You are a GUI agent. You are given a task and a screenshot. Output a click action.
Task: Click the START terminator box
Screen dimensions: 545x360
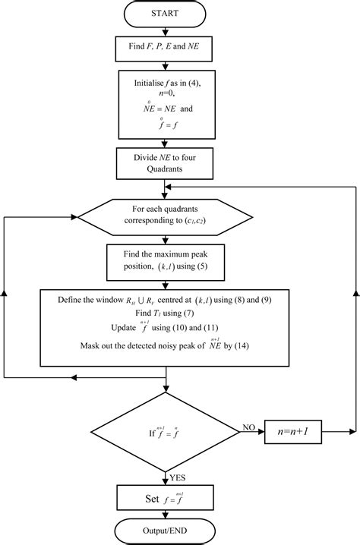[x=165, y=13]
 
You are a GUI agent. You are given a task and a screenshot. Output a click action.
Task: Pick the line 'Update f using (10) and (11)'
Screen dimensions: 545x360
[x=165, y=327]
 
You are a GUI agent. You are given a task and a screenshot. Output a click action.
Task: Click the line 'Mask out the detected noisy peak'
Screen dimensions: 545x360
[x=165, y=345]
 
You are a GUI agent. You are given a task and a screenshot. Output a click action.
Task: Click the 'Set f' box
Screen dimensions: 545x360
[x=165, y=499]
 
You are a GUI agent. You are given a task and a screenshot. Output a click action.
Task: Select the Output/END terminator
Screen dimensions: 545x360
[x=165, y=531]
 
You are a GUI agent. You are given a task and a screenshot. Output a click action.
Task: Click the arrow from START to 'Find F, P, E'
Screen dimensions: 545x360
[x=165, y=32]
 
